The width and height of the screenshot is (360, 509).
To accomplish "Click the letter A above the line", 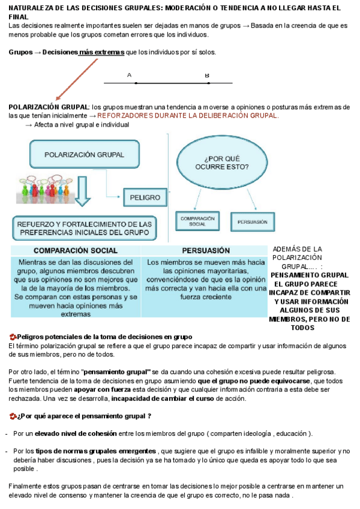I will click(x=129, y=76).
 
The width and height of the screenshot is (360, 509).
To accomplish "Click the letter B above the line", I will click(x=207, y=76).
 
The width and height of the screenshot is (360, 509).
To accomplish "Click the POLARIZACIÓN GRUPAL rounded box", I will click(x=84, y=154).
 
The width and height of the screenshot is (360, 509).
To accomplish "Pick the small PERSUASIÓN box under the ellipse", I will click(x=252, y=221).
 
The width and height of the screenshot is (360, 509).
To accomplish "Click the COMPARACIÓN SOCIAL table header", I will click(x=76, y=250).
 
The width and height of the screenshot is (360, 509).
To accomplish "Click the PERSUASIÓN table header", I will click(x=205, y=250).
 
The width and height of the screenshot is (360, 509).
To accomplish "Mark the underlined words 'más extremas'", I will click(x=101, y=52).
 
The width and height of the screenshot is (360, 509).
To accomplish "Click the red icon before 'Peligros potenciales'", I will click(x=13, y=337).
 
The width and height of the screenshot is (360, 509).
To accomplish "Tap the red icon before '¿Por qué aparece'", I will click(x=13, y=416).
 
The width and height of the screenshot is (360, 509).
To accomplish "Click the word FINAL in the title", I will click(x=19, y=17).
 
